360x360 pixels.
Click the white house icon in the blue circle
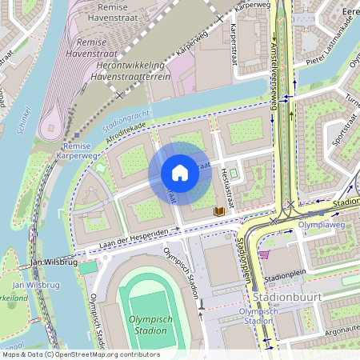pos(180,173)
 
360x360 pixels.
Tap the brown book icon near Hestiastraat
pos(218,211)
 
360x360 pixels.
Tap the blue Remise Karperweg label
pos(79,151)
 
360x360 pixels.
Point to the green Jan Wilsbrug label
pos(35,285)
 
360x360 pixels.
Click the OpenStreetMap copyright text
pos(80,354)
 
